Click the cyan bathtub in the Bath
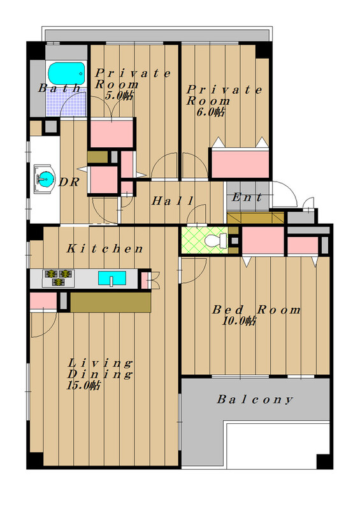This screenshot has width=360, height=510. tap(66, 74)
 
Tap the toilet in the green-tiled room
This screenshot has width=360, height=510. tap(216, 240)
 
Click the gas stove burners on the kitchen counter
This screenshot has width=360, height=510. tap(58, 278)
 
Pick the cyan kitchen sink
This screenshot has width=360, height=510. tap(112, 278)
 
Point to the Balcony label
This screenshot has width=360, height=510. tap(255, 399)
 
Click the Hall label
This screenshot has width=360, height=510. tap(173, 200)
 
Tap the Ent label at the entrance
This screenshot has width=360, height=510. tap(247, 197)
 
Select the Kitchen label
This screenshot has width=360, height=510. tap(104, 249)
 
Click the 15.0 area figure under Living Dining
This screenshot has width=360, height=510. tap(83, 386)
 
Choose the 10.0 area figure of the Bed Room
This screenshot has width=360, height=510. tap(239, 321)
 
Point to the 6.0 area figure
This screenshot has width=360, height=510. tap(210, 112)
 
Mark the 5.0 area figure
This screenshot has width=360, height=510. tap(119, 96)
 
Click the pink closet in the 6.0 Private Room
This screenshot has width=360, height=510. tap(240, 164)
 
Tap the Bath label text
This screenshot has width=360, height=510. tap(59, 88)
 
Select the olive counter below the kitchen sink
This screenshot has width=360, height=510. tap(111, 302)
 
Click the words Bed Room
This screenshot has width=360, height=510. tap(256, 310)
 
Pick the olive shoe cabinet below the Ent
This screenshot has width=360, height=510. tap(256, 218)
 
